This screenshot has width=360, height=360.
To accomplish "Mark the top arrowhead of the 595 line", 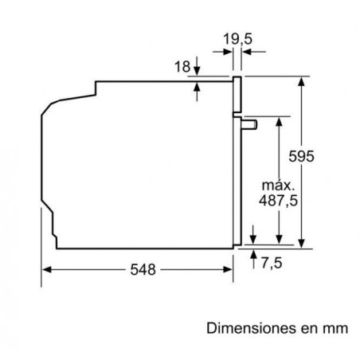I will (x=303, y=80).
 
